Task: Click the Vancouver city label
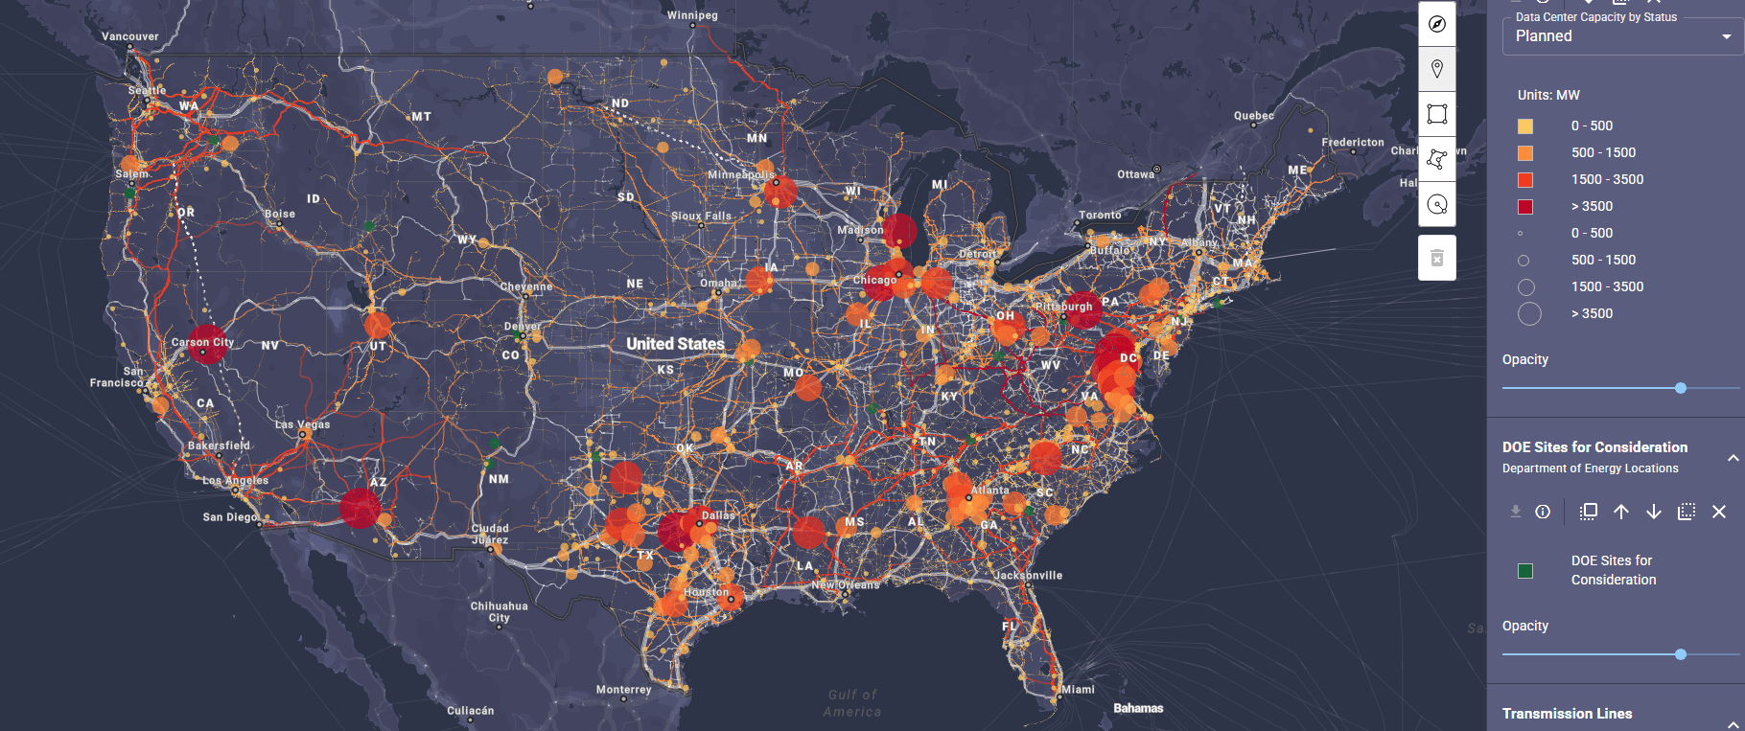tap(130, 36)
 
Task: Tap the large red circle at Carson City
tap(206, 344)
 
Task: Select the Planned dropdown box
tap(1621, 36)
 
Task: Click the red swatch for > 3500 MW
tap(1525, 207)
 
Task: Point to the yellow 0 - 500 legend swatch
tap(1525, 126)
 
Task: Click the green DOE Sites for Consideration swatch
tap(1525, 571)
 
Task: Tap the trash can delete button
tap(1436, 258)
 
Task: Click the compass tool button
tap(1436, 24)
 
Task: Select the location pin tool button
tap(1436, 69)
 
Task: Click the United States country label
tap(675, 344)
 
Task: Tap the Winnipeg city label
tap(692, 15)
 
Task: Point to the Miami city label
tap(1078, 689)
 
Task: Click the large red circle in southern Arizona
tap(361, 508)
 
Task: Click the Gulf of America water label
tap(852, 703)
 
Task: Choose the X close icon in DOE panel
tap(1719, 512)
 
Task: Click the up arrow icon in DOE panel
tap(1621, 512)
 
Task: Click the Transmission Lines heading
tap(1567, 714)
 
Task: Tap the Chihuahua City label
tap(499, 611)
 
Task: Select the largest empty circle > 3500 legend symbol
tap(1529, 314)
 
